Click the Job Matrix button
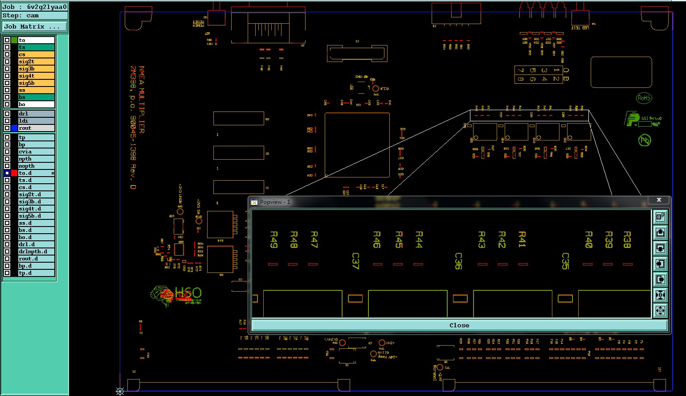click(x=34, y=27)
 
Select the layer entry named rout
click(x=36, y=128)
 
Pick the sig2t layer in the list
click(x=36, y=62)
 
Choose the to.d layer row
click(x=36, y=173)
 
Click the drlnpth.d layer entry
click(x=36, y=252)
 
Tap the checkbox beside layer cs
click(x=7, y=54)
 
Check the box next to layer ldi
click(x=7, y=121)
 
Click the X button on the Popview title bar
click(x=659, y=200)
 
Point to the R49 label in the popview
click(x=274, y=239)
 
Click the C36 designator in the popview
click(x=458, y=261)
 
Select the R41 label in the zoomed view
click(x=522, y=239)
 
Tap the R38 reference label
click(x=627, y=239)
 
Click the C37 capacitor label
click(x=355, y=261)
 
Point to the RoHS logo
click(x=644, y=98)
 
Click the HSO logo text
click(x=188, y=293)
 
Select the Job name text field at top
click(x=34, y=7)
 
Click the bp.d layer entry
click(x=36, y=266)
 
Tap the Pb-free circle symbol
click(x=645, y=140)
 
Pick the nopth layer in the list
click(x=36, y=166)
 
